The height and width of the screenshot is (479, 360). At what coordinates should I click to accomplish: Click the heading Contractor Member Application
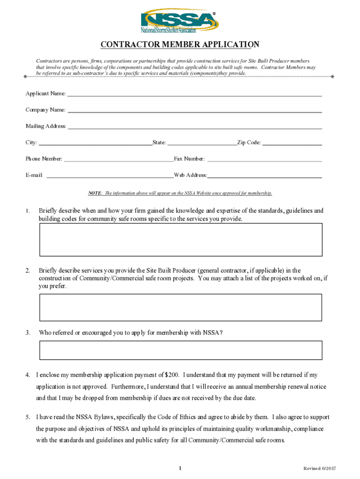coord(180,45)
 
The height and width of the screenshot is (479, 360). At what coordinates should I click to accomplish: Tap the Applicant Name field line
coord(194,94)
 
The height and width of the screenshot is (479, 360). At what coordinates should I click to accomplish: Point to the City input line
coord(95,144)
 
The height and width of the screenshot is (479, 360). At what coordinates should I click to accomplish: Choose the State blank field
coord(202,144)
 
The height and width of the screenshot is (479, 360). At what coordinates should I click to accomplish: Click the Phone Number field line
coord(118,160)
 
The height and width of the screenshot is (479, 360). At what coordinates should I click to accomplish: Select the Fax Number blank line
coord(265,160)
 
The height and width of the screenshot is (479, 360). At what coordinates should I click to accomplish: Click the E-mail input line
coord(110,176)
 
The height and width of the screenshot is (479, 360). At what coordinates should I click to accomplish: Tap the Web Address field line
coord(265,176)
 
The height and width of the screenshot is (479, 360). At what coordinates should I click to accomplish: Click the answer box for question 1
coord(180,239)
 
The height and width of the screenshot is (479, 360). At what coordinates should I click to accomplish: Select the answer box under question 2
coord(180,307)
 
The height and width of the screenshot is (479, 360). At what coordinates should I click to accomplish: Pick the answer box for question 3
coord(180,350)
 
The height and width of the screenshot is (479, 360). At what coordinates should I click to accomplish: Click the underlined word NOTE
coord(95,193)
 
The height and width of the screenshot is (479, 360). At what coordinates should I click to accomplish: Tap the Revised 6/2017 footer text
coord(320,469)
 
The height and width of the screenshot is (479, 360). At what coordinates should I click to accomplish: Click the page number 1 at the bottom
coord(180,469)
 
